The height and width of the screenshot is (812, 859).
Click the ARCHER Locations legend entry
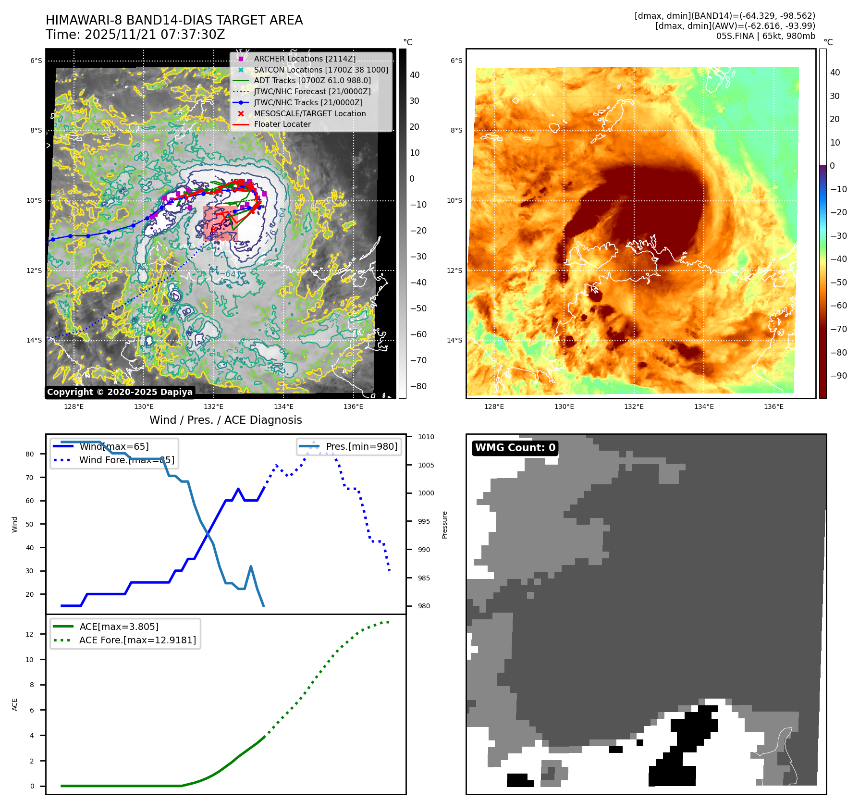305,59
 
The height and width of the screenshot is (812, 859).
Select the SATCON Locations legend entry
321,70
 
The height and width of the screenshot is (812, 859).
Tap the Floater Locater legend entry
282,124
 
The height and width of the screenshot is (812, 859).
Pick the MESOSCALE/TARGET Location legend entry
309,113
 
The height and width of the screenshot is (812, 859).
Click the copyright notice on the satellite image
120,392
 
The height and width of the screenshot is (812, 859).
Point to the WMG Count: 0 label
515,448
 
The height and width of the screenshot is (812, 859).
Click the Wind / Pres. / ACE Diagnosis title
225,420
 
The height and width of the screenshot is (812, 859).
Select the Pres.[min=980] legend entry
361,446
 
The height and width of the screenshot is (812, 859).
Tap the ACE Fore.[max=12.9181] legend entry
137,640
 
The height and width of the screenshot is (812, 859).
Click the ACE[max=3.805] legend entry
119,627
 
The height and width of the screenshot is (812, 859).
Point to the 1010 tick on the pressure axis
426,437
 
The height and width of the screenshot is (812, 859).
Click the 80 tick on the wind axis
30,454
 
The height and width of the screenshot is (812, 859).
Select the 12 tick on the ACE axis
30,634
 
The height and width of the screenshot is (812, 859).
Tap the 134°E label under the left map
283,406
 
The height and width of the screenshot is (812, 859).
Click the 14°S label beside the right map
454,340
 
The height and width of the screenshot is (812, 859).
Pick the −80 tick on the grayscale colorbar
418,386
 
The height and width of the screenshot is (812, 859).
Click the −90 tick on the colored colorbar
838,376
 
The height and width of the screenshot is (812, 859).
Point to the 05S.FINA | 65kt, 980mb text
765,36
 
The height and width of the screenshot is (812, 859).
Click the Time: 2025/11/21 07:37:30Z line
135,35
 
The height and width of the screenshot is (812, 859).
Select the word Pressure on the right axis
444,525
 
